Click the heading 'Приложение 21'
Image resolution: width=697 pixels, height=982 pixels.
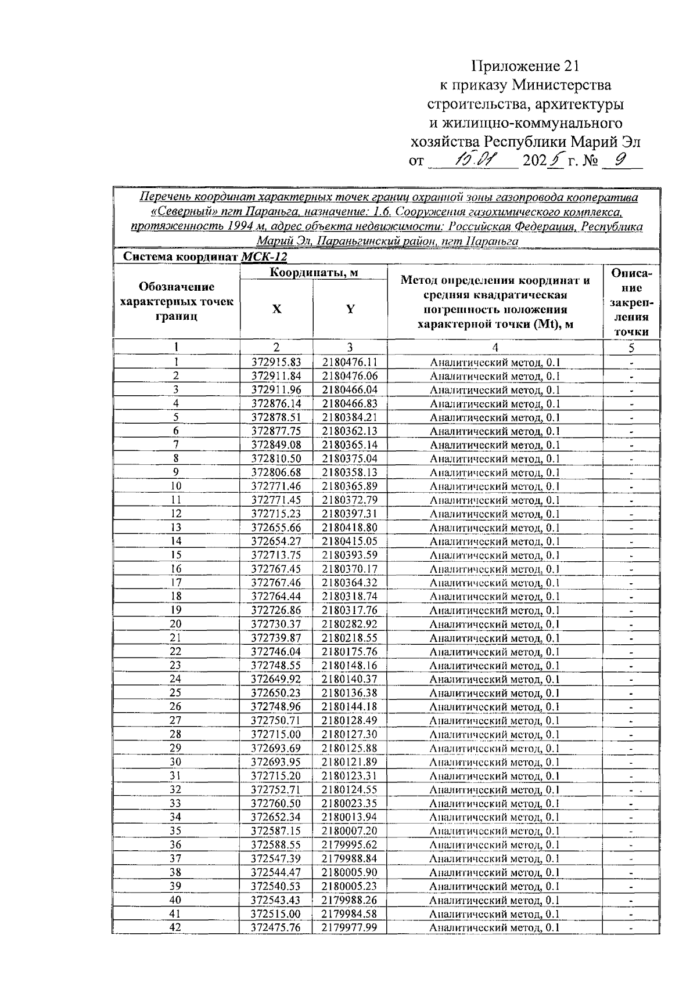[x=526, y=66]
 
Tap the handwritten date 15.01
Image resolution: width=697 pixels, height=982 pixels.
[x=475, y=160]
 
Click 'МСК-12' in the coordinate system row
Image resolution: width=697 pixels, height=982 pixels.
[x=264, y=257]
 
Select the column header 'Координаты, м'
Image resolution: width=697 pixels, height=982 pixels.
[x=313, y=272]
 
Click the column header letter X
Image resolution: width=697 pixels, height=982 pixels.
[x=276, y=309]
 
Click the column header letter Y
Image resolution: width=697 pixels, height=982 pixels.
[x=350, y=309]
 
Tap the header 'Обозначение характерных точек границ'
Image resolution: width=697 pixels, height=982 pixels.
[x=176, y=301]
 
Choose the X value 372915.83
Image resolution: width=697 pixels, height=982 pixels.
[x=276, y=362]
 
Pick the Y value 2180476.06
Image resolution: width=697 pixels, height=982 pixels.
[x=350, y=376]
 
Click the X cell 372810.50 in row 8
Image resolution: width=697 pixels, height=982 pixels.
[x=276, y=458]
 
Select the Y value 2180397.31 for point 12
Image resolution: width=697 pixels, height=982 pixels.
[x=350, y=514]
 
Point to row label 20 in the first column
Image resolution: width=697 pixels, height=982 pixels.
[x=175, y=624]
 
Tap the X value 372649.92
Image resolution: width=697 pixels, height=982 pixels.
[x=276, y=679]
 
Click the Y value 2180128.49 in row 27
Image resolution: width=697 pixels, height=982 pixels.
[x=350, y=720]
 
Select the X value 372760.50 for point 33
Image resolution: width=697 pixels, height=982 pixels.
[x=276, y=803]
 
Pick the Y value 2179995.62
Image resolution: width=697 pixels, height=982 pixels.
[x=350, y=844]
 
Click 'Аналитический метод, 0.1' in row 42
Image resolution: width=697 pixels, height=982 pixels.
[x=494, y=927]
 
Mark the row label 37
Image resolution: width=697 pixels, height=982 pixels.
[x=175, y=858]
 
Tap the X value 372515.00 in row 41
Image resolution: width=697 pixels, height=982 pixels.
[x=276, y=914]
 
